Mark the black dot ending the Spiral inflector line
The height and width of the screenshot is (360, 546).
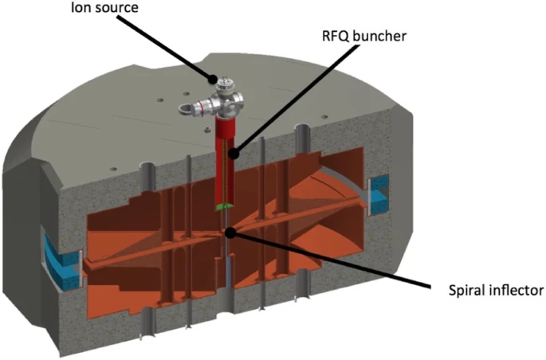click(x=230, y=233)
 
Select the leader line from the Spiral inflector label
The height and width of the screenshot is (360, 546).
click(x=335, y=262)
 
